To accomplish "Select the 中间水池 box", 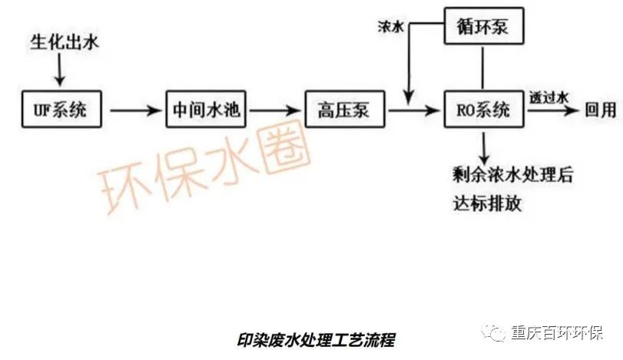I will [x=205, y=111].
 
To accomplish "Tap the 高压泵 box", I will [x=343, y=111].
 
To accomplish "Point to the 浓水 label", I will [x=390, y=25].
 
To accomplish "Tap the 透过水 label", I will [x=548, y=97].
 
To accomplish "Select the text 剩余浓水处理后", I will [x=512, y=174].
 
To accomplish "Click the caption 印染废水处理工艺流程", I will [x=317, y=339].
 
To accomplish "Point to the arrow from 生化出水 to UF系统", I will [x=61, y=72].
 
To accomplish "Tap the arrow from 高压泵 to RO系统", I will [x=415, y=111].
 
